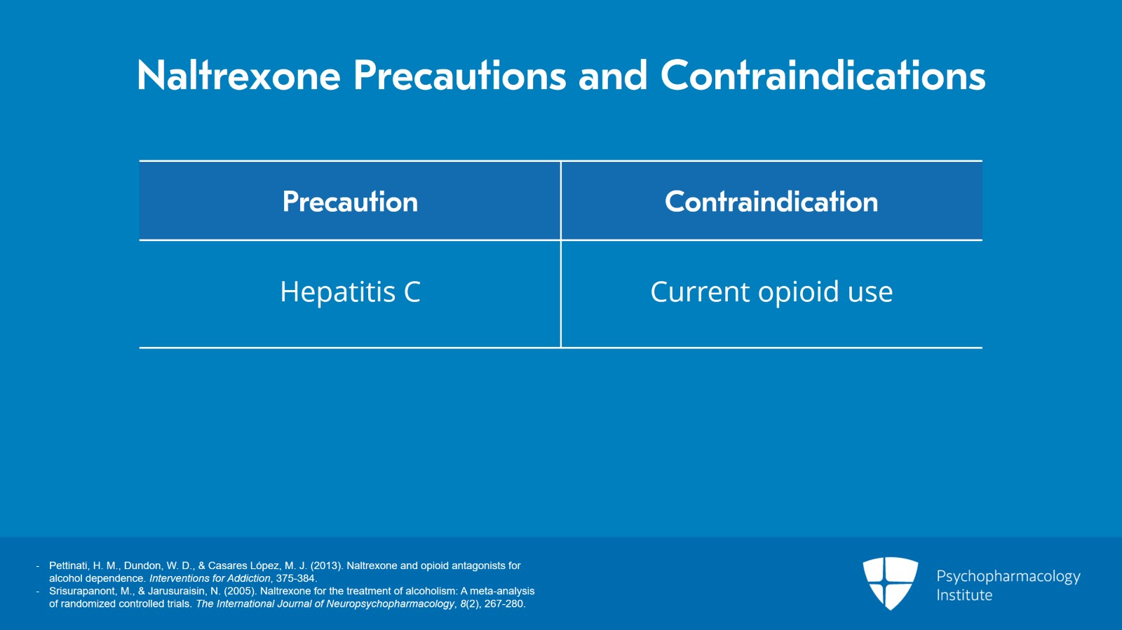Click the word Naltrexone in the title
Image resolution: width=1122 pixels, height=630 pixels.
pos(238,76)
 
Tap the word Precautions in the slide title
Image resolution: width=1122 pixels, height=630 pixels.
pos(459,76)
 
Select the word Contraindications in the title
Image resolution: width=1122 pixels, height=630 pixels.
pos(823,76)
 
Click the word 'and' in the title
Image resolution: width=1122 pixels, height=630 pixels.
pos(612,76)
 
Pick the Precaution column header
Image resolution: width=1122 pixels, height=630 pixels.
pos(350,202)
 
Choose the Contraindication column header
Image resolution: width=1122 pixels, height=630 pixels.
pos(771,202)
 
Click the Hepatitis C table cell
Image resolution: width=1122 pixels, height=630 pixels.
pos(350,292)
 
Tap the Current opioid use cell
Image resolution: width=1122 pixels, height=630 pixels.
pos(771,292)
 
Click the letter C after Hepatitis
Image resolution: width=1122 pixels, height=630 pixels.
pos(412,292)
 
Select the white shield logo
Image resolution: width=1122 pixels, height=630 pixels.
pos(890,582)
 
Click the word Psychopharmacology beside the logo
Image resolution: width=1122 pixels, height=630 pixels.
pos(1008,577)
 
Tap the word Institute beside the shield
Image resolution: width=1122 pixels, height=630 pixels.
pos(964,596)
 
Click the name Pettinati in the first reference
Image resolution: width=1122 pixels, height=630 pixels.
pos(68,566)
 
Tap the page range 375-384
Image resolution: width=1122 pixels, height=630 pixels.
pos(296,578)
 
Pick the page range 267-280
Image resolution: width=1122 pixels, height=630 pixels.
pos(504,603)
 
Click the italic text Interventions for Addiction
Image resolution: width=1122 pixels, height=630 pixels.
pos(210,578)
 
